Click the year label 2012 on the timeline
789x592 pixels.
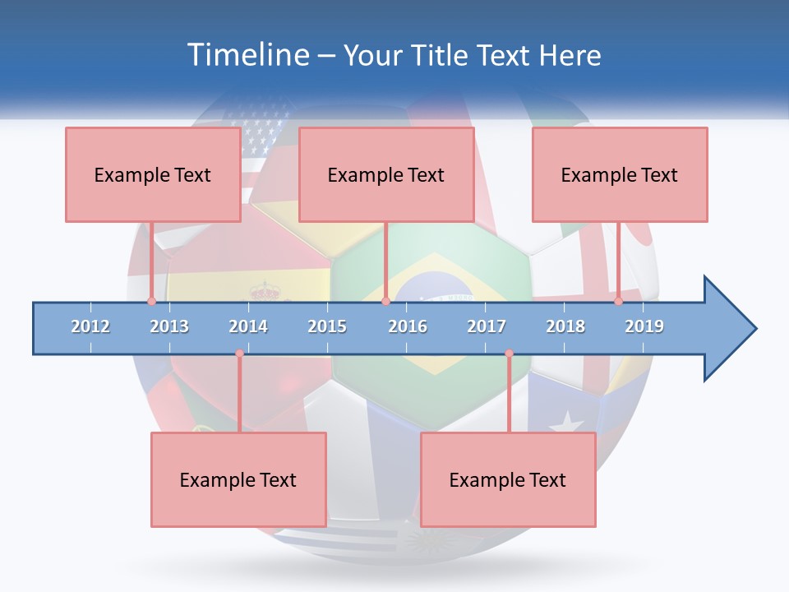click(90, 326)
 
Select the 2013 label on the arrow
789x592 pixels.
click(169, 326)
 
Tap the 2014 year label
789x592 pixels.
click(248, 326)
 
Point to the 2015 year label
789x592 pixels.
click(327, 326)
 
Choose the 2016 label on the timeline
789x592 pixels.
click(408, 326)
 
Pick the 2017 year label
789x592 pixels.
click(487, 326)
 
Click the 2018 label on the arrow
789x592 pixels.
click(565, 326)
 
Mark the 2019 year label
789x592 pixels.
click(644, 326)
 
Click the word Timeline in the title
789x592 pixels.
click(247, 55)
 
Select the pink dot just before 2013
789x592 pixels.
click(151, 301)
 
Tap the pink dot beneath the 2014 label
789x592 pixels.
click(239, 354)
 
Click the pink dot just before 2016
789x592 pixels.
click(385, 301)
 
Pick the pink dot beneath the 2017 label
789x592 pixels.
click(509, 354)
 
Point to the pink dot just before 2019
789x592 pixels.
click(618, 301)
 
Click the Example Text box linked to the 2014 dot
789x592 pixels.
click(238, 479)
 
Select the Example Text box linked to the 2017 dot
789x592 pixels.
click(508, 479)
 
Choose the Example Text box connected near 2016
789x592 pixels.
click(386, 174)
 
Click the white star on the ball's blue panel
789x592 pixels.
click(565, 423)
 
